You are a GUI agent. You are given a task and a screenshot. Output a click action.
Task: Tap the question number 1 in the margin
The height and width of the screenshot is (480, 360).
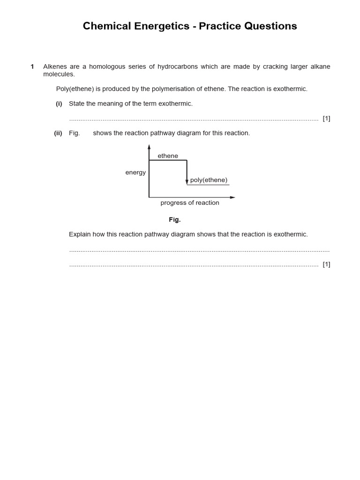point(32,67)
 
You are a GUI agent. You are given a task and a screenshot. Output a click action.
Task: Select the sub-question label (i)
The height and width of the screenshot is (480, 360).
point(59,104)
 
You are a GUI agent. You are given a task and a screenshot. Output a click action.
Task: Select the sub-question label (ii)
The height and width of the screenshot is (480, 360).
point(58,133)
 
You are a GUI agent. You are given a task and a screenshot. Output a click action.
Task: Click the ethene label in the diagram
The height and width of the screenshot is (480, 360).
point(168,156)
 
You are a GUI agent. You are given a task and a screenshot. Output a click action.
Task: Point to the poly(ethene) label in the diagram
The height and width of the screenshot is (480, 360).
point(209,180)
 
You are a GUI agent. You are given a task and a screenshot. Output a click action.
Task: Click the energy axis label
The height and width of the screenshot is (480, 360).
point(135,172)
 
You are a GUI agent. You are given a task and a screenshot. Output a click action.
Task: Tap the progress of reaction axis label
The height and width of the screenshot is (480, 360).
point(190,203)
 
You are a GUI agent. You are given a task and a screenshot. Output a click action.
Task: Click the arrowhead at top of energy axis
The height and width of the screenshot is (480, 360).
point(149,147)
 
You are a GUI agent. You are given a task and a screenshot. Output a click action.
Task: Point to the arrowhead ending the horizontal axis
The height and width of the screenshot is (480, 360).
point(232,197)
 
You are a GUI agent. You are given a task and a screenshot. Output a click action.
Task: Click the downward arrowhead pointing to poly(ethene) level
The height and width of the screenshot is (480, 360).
point(187,182)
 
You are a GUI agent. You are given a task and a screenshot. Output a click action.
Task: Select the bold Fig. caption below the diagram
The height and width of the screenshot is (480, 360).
point(175,220)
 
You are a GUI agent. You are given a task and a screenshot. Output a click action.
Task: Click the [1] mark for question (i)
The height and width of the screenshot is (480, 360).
point(326,119)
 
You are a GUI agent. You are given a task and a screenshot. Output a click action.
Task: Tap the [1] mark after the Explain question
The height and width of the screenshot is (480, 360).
point(326,264)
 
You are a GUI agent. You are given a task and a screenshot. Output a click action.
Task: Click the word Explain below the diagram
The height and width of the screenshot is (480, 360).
point(80,234)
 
